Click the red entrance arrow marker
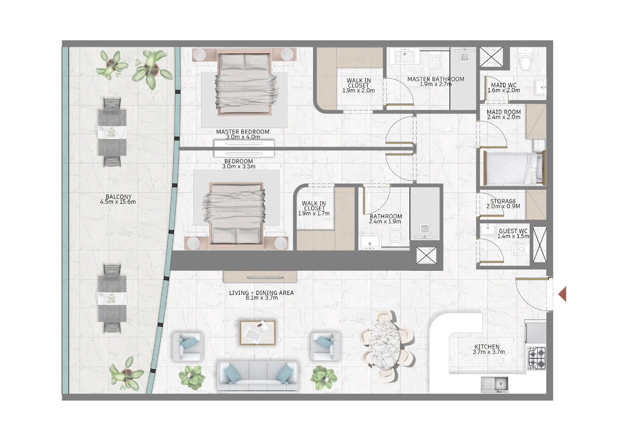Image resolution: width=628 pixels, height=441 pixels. pyautogui.click(x=562, y=294)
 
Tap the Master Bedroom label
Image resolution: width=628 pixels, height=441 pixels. pyautogui.click(x=243, y=131)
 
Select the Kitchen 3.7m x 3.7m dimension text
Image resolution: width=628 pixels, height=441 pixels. pyautogui.click(x=489, y=352)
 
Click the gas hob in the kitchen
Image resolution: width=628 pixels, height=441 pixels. pyautogui.click(x=537, y=358)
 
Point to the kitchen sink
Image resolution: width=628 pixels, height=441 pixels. pyautogui.click(x=495, y=384)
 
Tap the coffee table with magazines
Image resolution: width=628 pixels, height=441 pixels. pyautogui.click(x=258, y=333)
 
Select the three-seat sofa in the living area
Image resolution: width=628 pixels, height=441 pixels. pyautogui.click(x=258, y=376)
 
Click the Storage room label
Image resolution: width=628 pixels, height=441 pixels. pyautogui.click(x=503, y=201)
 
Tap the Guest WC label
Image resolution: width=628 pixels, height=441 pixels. pyautogui.click(x=513, y=231)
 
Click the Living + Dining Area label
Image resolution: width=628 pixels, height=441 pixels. pyautogui.click(x=261, y=293)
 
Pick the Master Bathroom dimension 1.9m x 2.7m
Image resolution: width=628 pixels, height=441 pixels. pyautogui.click(x=436, y=84)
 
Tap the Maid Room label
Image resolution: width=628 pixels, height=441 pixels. pyautogui.click(x=504, y=112)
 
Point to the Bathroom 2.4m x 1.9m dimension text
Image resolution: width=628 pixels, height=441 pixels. pyautogui.click(x=385, y=221)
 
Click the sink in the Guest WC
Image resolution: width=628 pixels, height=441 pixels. pyautogui.click(x=488, y=229)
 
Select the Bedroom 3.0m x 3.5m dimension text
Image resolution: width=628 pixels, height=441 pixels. pyautogui.click(x=239, y=166)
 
